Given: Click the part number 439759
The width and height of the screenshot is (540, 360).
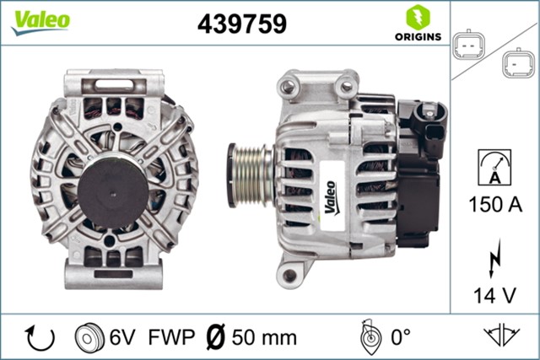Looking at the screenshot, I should coord(241,24).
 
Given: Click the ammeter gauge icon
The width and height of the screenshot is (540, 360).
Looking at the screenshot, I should coord(494,165).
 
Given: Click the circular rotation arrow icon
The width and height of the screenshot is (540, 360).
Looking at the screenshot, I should coord(40,337).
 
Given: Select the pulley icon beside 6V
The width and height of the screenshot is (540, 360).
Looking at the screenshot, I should coord(89,337).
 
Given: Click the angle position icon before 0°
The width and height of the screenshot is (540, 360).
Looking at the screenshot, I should coord(367,337).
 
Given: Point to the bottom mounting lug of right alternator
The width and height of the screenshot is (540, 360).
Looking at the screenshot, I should coord(290,275).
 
